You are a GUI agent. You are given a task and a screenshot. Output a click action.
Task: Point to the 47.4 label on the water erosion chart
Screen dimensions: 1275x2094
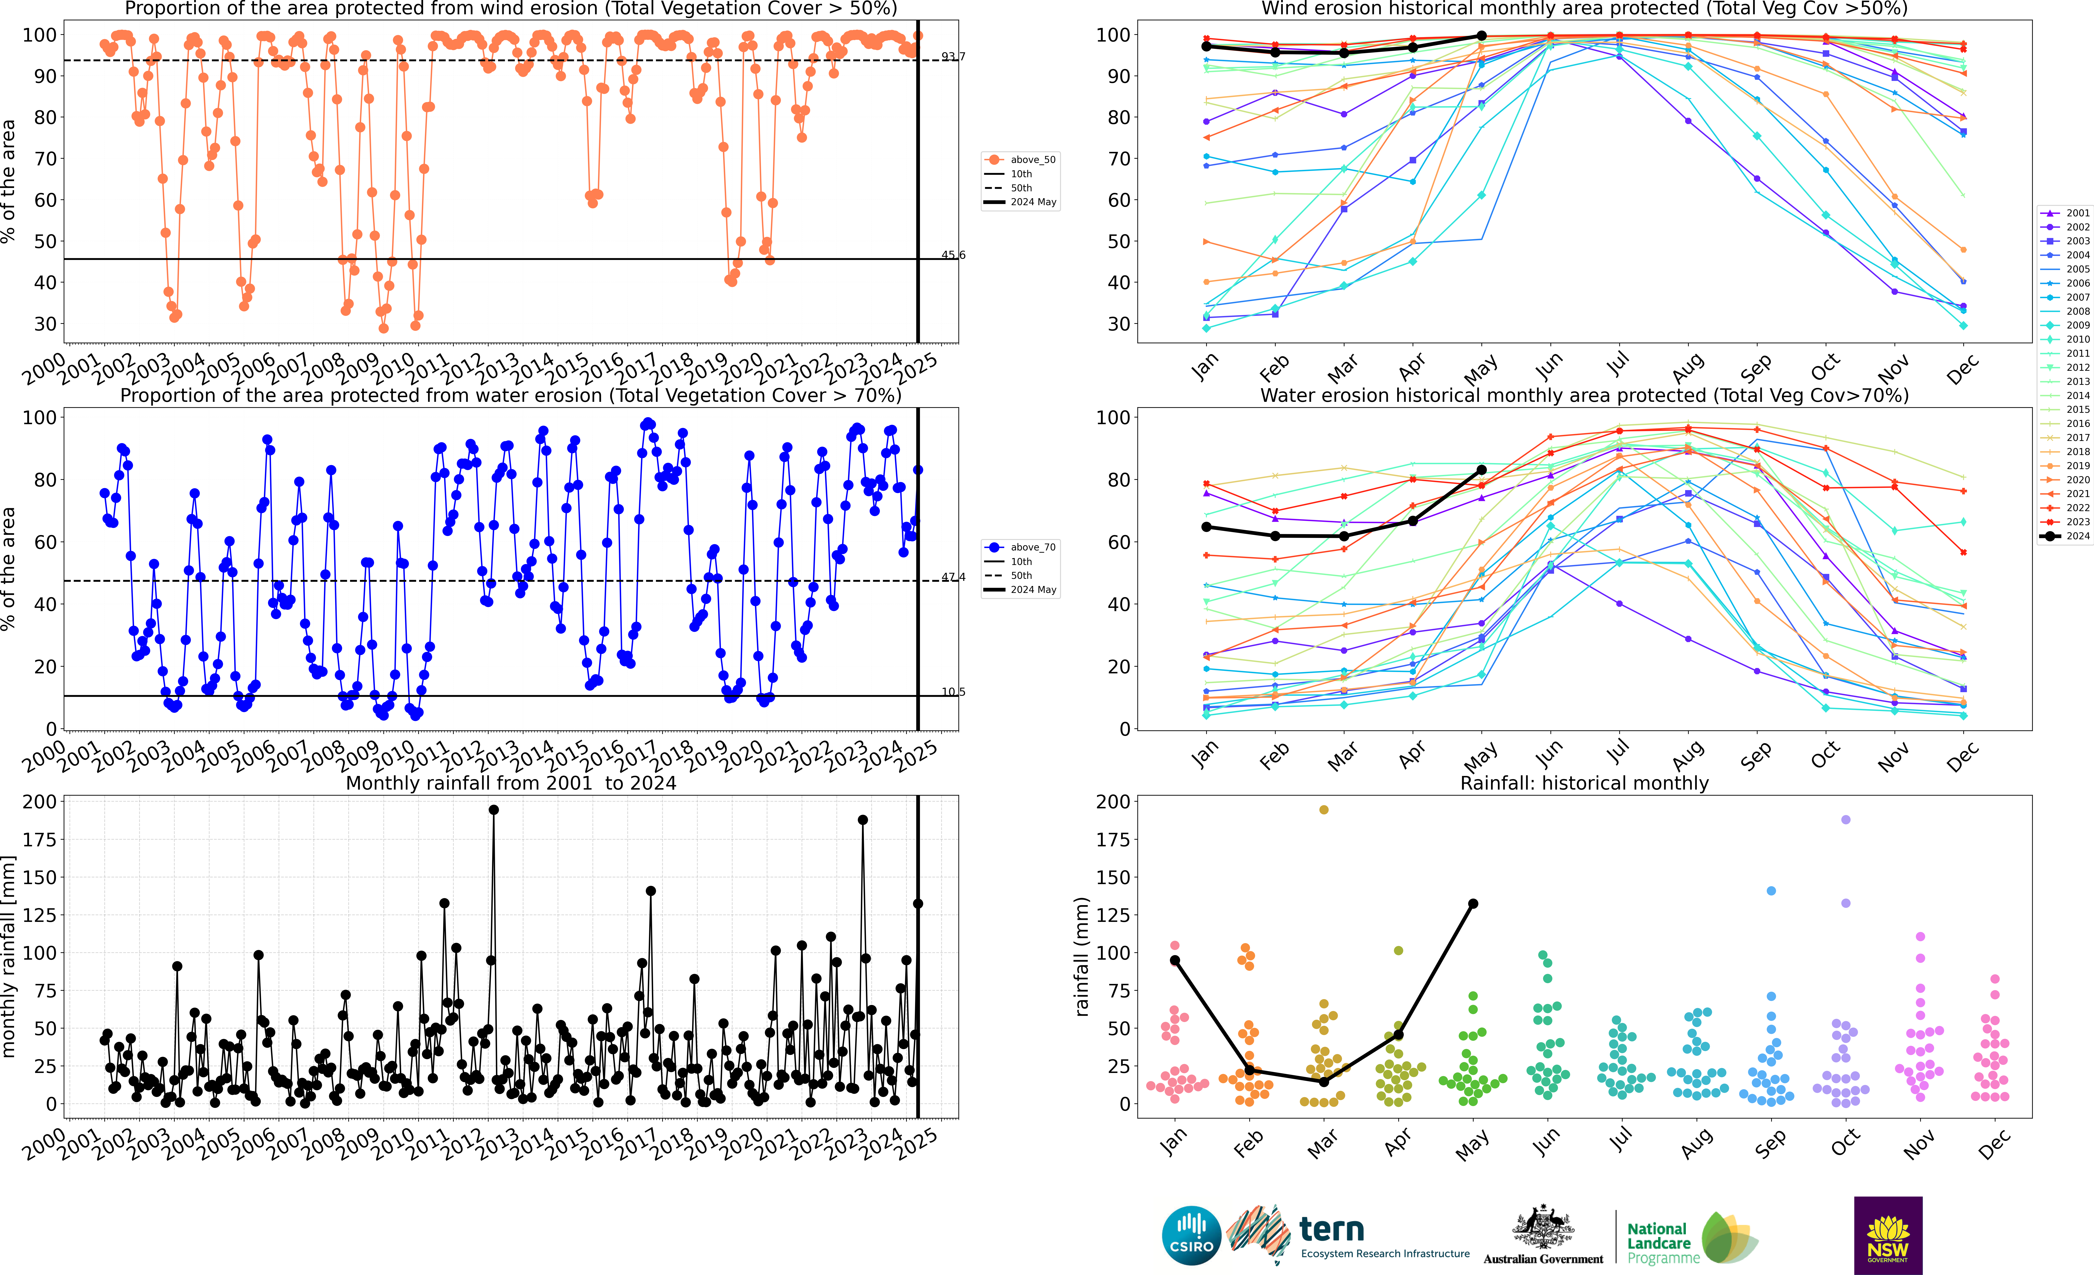pyautogui.click(x=953, y=577)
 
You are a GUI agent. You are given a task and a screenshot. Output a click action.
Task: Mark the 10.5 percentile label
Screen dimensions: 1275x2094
pyautogui.click(x=953, y=692)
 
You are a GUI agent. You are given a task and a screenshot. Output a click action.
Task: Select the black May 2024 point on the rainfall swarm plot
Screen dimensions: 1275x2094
pyautogui.click(x=1473, y=904)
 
